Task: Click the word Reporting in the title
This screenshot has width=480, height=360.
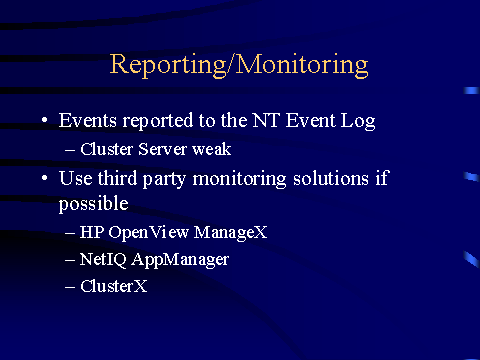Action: pos(168,65)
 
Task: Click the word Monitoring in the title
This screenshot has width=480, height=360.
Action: pos(302,65)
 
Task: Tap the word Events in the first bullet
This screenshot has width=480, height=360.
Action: pos(88,120)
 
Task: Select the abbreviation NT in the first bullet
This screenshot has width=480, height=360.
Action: pos(265,120)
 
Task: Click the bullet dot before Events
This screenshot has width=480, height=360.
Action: pos(45,120)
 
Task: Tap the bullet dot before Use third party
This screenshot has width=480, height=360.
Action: pos(45,178)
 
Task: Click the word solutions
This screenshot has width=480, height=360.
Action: pos(331,178)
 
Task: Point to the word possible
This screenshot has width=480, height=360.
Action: pos(94,204)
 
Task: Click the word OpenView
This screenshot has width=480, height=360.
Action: pos(149,233)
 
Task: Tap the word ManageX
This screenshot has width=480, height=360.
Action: pos(231,233)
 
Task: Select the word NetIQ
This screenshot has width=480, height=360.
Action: pos(103,260)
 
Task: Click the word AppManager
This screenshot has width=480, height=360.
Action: pos(180,260)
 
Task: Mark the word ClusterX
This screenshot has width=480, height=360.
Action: pos(114,286)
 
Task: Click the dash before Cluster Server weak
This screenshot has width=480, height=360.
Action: pos(70,150)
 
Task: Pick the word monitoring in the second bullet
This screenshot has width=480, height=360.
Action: pos(239,179)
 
